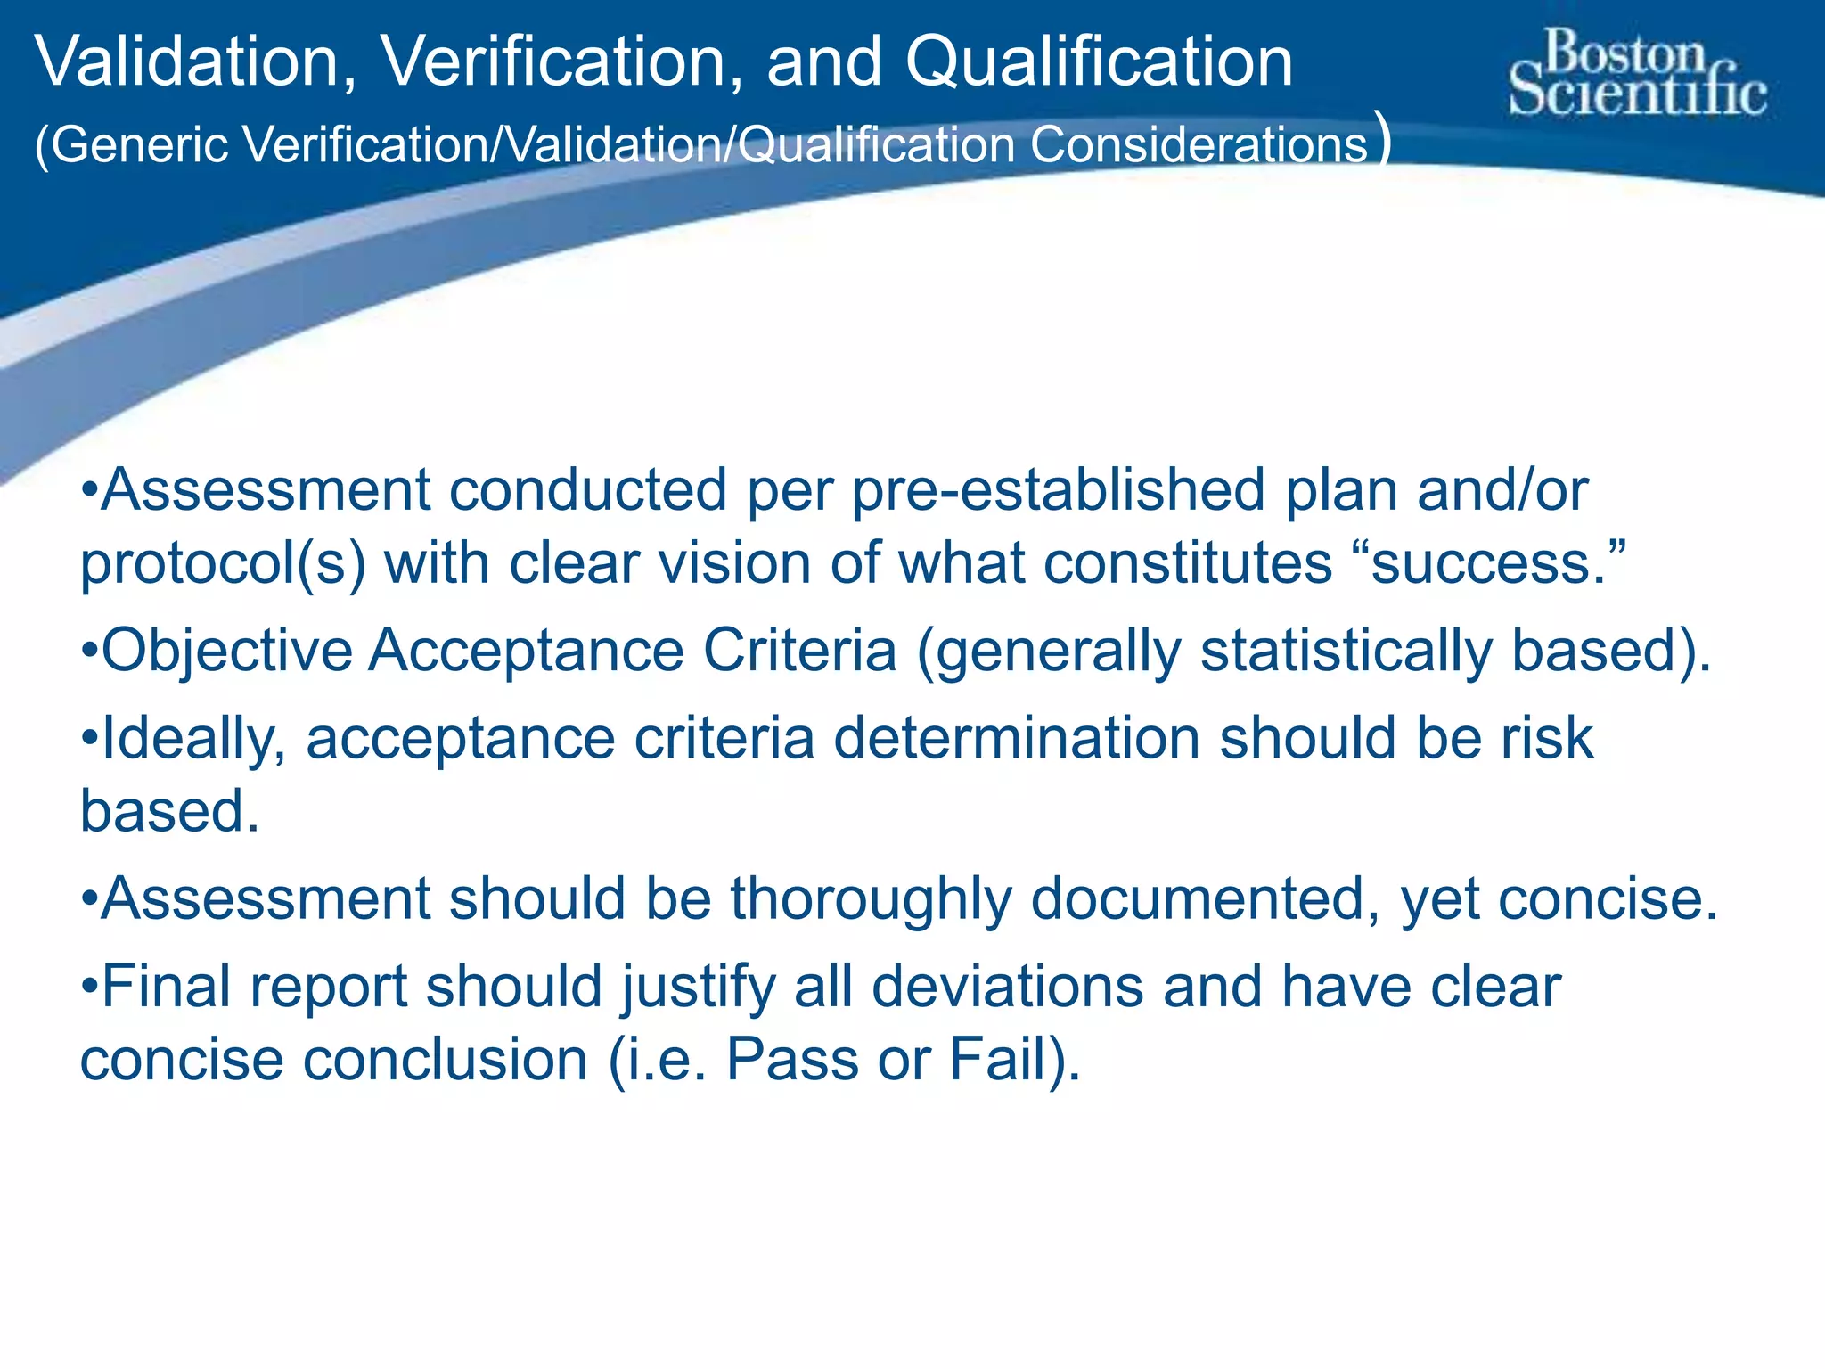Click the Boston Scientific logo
1638,73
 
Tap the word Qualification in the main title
1100,62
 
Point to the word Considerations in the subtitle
1199,144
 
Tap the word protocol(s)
223,564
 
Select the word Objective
227,651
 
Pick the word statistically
1346,651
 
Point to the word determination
1017,739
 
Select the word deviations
1008,987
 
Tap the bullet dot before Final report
89,988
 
